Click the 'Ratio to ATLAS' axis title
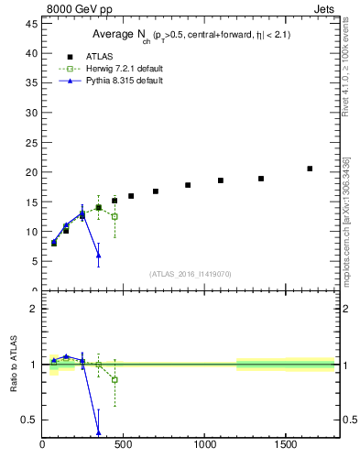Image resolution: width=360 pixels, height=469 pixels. [x=14, y=365]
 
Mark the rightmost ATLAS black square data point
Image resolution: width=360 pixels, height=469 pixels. [x=310, y=169]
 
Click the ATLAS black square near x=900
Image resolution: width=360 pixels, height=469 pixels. [x=188, y=185]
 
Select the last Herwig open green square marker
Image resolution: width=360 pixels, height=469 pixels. [x=115, y=216]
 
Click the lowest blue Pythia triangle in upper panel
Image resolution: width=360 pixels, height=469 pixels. [x=98, y=255]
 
